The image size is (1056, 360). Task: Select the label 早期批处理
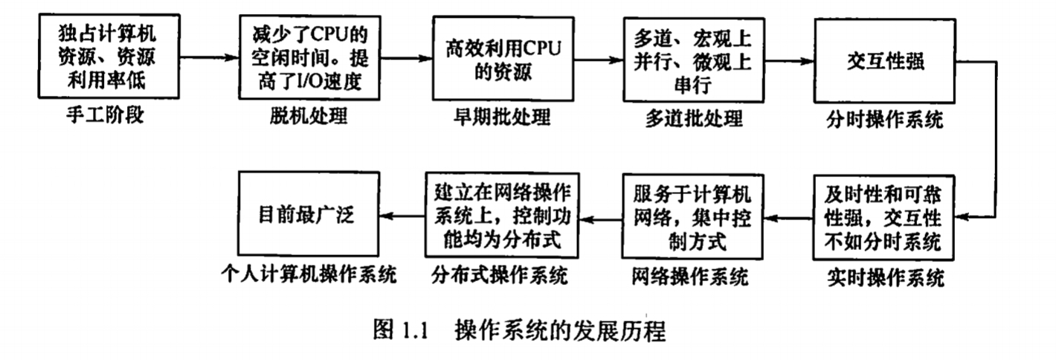coord(503,118)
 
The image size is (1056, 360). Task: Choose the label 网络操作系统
coord(689,277)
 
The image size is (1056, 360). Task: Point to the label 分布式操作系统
coord(499,277)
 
